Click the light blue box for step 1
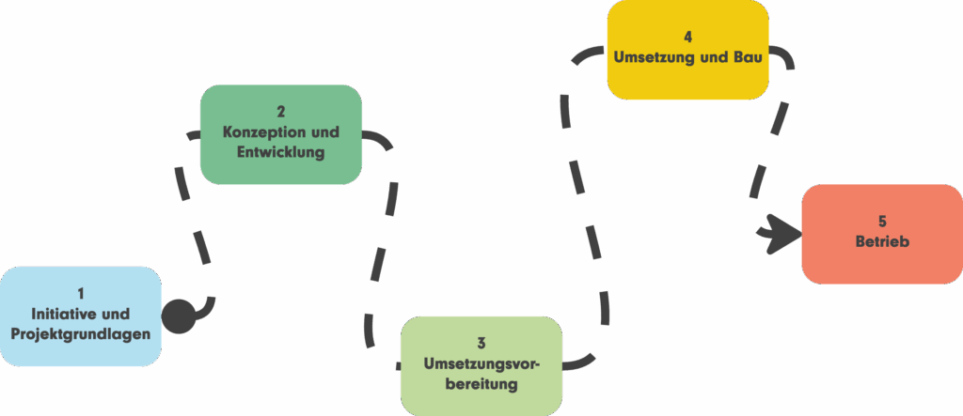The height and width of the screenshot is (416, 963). pyautogui.click(x=81, y=316)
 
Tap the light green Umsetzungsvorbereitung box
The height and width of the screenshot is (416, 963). pyautogui.click(x=481, y=364)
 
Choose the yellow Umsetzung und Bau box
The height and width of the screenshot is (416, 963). pyautogui.click(x=687, y=49)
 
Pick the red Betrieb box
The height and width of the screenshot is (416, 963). pyautogui.click(x=882, y=234)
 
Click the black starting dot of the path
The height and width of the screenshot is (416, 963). pyautogui.click(x=180, y=316)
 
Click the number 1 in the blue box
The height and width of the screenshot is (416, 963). pyautogui.click(x=81, y=294)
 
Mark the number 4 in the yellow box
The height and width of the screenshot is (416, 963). pyautogui.click(x=687, y=38)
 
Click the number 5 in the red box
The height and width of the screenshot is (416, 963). pyautogui.click(x=882, y=222)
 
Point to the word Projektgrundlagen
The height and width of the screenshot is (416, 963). pyautogui.click(x=81, y=334)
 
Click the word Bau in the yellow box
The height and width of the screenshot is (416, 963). pyautogui.click(x=746, y=57)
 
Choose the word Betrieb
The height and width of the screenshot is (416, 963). pyautogui.click(x=882, y=242)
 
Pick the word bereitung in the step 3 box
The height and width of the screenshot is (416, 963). pyautogui.click(x=481, y=384)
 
